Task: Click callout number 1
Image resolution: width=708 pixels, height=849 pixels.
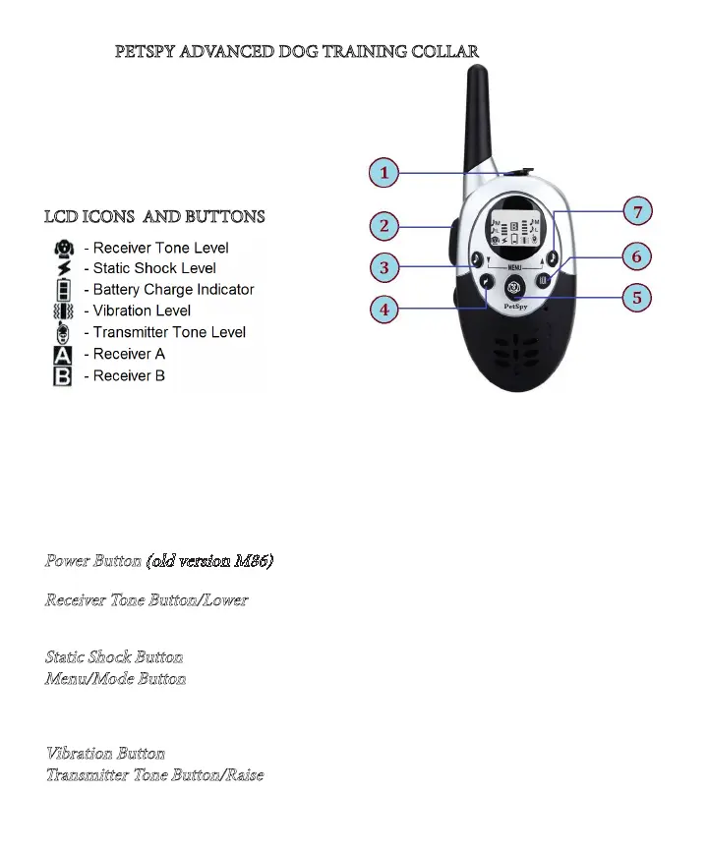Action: click(383, 174)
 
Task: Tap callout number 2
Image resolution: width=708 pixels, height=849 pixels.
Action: click(383, 226)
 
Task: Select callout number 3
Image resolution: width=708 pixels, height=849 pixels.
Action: click(383, 266)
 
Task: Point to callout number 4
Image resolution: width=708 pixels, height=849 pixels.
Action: click(383, 311)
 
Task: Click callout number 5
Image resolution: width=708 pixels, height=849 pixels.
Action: click(638, 297)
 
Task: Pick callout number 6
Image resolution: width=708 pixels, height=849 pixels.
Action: click(638, 255)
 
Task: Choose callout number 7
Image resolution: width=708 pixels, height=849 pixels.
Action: click(638, 212)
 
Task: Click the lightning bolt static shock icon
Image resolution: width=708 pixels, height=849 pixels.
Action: click(63, 268)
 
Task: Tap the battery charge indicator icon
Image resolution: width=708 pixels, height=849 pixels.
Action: click(63, 290)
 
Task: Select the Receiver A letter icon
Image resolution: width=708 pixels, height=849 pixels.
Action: click(63, 355)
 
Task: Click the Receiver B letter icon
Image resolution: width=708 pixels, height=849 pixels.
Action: click(63, 376)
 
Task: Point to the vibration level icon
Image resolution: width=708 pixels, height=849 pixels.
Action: click(63, 311)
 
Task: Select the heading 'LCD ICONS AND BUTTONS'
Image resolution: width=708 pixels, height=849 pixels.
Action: click(154, 216)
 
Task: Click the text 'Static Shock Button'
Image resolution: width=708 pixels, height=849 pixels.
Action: click(114, 656)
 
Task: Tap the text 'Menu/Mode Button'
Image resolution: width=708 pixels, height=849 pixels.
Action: click(116, 678)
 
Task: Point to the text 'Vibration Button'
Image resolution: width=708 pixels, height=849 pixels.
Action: click(105, 754)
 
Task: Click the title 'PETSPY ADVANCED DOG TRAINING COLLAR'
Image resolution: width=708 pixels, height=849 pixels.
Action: click(297, 50)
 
